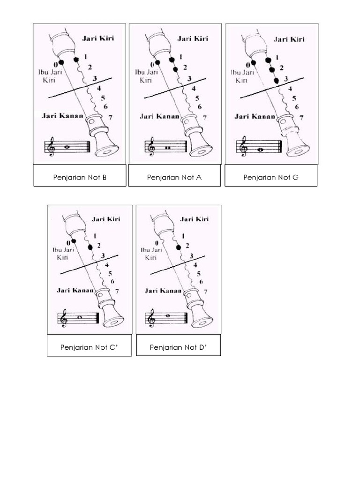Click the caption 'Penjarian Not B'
(80, 177)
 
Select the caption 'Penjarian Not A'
(174, 177)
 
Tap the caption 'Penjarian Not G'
(270, 177)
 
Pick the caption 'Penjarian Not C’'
(89, 347)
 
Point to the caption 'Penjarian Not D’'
(179, 347)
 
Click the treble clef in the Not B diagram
(51, 148)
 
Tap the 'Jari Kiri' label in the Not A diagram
(193, 38)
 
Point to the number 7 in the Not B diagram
(110, 117)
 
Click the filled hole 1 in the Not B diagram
(76, 60)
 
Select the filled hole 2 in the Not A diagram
(176, 69)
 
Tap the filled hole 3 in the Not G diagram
(276, 81)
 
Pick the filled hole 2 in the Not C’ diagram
(90, 247)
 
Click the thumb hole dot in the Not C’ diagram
(73, 241)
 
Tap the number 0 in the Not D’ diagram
(157, 243)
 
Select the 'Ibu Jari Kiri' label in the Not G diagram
(241, 76)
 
